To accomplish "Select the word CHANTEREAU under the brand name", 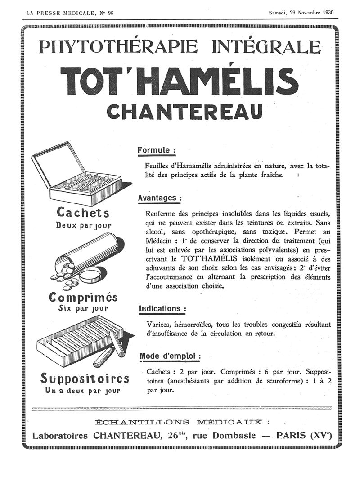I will [184, 112].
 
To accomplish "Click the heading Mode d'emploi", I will [169, 356].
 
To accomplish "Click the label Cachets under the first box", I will [83, 212].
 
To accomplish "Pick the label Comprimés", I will [83, 297].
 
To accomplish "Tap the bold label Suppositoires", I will [85, 378].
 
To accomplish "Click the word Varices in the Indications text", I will [159, 325].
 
